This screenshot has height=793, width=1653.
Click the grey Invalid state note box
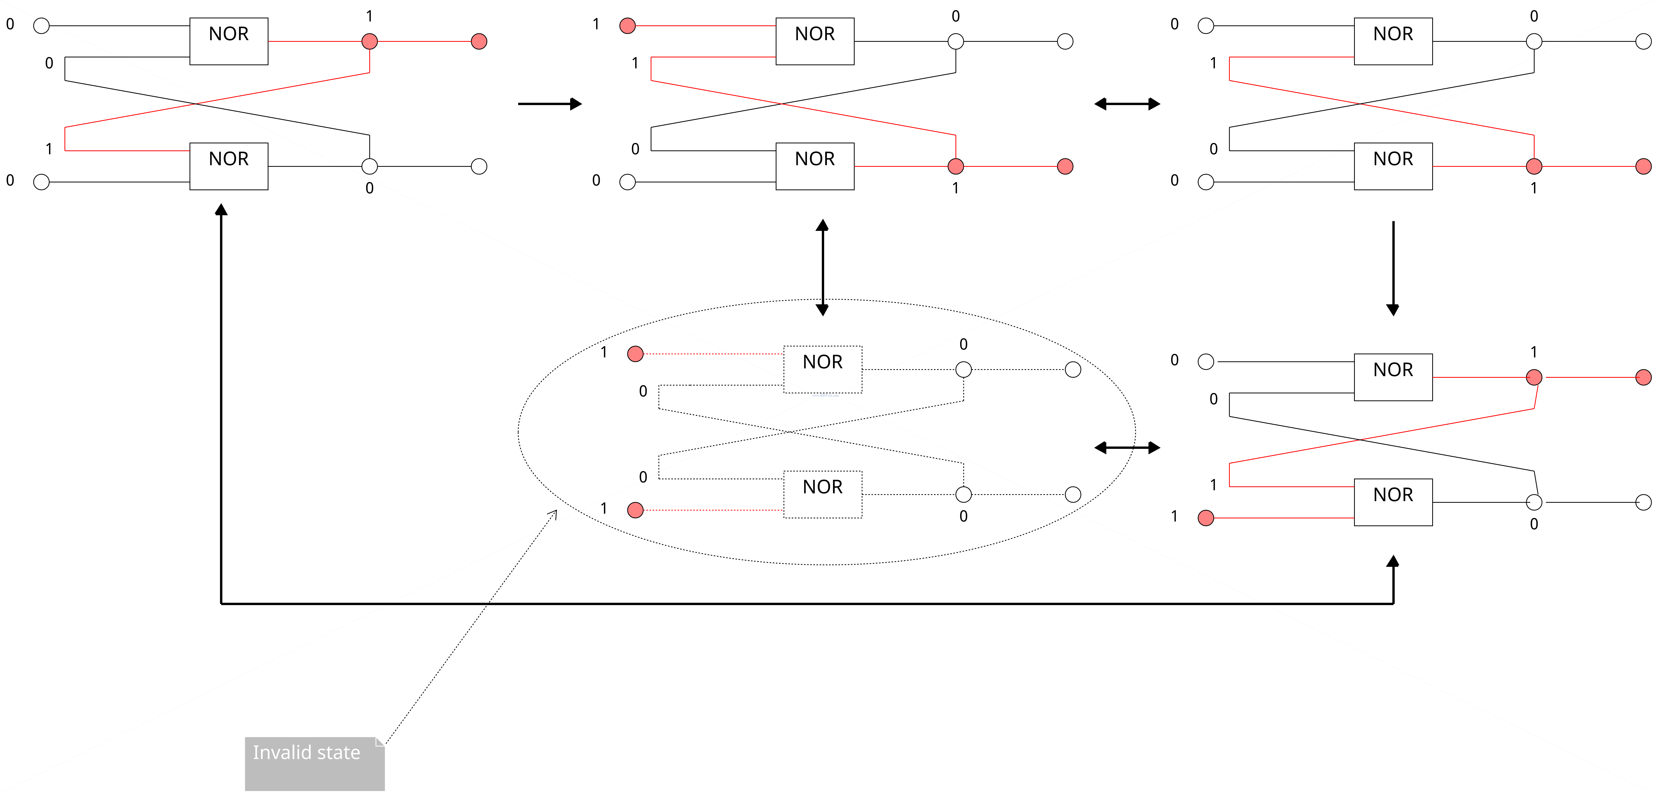[x=314, y=764]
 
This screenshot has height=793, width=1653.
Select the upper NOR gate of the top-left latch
[x=228, y=41]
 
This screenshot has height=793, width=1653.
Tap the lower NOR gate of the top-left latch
[x=228, y=166]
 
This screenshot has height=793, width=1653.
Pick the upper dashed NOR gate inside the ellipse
[x=823, y=370]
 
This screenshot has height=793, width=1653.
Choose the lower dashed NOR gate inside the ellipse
[x=823, y=495]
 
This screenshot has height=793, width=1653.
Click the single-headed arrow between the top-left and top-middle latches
[x=550, y=103]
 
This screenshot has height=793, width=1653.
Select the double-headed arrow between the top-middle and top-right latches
[x=1127, y=103]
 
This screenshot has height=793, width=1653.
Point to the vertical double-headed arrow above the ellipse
[x=822, y=268]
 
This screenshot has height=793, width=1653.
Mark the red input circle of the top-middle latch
[x=628, y=26]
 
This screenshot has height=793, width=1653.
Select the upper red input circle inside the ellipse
[x=635, y=354]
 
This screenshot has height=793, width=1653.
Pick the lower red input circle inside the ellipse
[x=635, y=510]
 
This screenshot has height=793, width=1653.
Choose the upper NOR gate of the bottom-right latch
[x=1393, y=377]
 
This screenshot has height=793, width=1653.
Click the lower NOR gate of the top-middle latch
[x=815, y=166]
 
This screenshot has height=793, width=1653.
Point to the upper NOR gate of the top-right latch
[x=1393, y=41]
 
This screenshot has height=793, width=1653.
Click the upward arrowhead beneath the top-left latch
[x=221, y=209]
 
